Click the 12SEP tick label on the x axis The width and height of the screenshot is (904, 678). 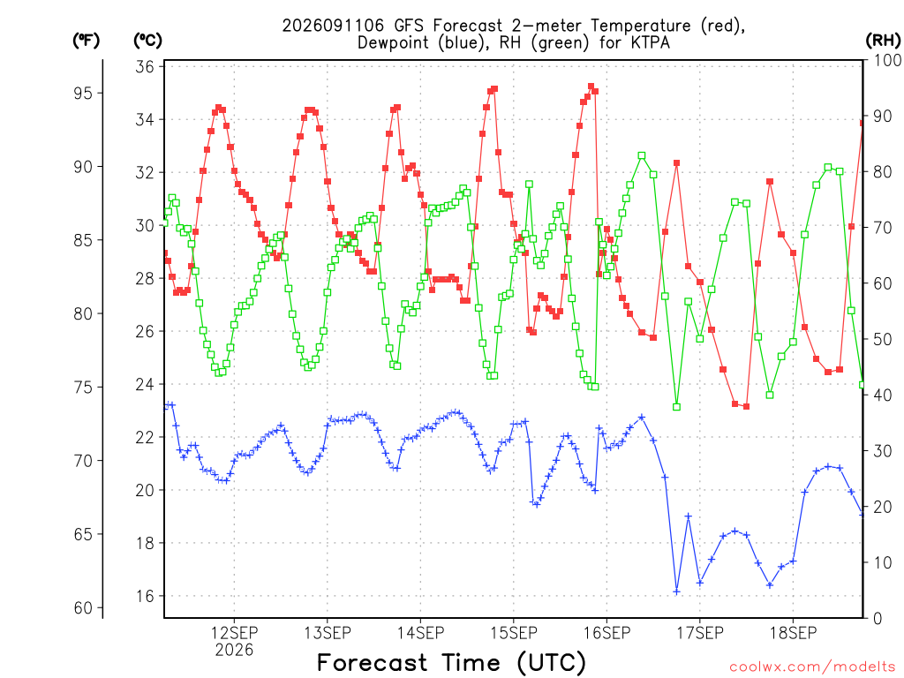click(x=234, y=633)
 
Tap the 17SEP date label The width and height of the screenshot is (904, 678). click(x=699, y=633)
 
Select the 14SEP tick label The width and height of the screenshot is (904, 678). click(x=420, y=633)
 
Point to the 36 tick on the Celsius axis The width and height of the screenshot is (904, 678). click(x=146, y=67)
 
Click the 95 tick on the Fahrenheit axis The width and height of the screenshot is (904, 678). click(x=83, y=93)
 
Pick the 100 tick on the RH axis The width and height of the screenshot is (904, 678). click(x=887, y=60)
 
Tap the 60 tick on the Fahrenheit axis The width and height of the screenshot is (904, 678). click(x=83, y=607)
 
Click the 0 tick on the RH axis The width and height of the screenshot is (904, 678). click(x=878, y=619)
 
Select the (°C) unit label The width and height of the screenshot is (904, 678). click(x=147, y=41)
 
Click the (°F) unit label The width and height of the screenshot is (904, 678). click(x=86, y=41)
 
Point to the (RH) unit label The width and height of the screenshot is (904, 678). click(x=883, y=41)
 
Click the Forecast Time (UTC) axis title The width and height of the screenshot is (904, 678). click(x=451, y=663)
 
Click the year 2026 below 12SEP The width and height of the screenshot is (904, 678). click(x=234, y=651)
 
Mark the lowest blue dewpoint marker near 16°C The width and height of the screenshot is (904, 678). click(x=676, y=591)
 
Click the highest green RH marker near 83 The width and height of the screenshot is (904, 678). click(x=642, y=155)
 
